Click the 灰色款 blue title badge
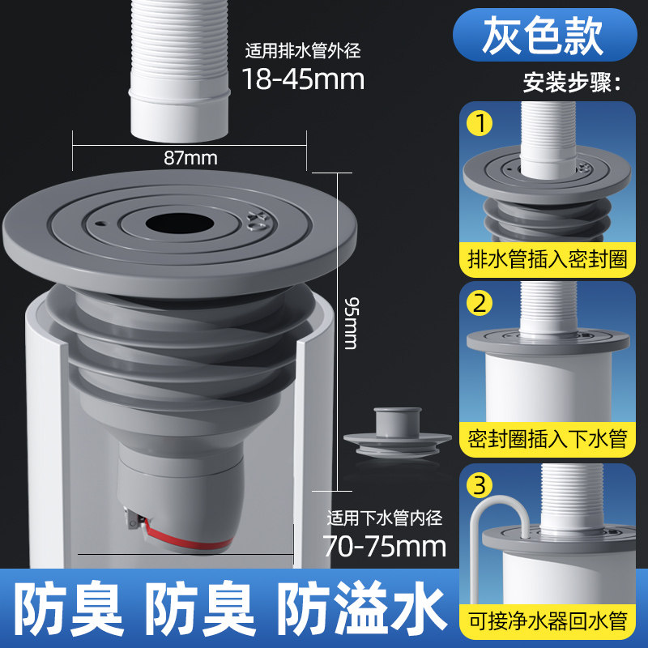point(544,35)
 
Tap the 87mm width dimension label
point(190,158)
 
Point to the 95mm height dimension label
point(352,323)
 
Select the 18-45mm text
point(303,79)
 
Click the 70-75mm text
point(384,546)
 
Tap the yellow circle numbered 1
point(480,123)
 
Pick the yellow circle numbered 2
point(480,303)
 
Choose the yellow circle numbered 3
point(480,485)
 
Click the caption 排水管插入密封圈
point(548,259)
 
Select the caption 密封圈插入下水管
point(548,439)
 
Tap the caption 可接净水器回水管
point(548,621)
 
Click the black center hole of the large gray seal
point(180,224)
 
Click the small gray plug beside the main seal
point(398,433)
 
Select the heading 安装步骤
point(572,83)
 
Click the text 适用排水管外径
point(303,51)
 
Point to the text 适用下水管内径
point(385,518)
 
